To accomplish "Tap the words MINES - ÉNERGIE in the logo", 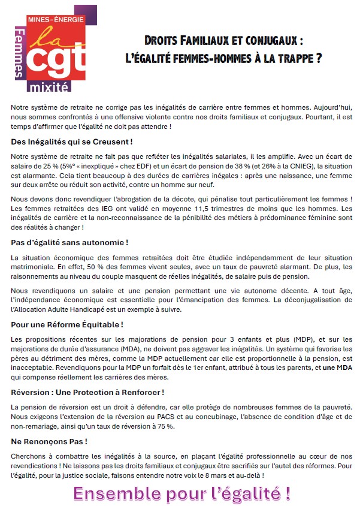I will pos(57,20).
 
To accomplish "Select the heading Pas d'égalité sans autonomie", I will pos(69,242).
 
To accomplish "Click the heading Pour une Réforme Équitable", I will pos(67,324).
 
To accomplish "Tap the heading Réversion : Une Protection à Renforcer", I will pos(87,392).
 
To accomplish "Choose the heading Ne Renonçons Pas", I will pos(49,441).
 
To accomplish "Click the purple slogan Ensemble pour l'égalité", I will pos(182,493).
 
